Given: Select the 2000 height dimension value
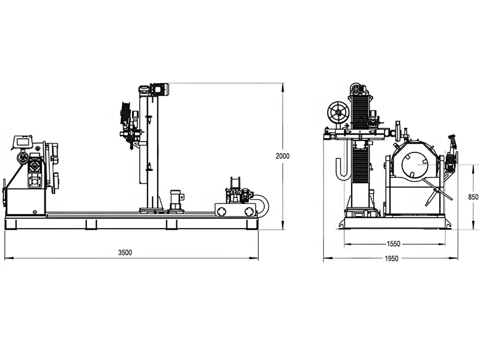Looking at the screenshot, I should coord(283,156).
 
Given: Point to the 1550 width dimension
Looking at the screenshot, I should coord(394,244).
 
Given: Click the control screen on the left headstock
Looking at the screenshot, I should coord(23,141).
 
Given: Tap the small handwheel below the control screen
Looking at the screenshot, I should coord(23,158).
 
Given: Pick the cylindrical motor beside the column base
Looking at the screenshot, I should coord(176,199).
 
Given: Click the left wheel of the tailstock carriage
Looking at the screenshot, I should coord(223,211).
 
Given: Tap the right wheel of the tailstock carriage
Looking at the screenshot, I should coord(249,211).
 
